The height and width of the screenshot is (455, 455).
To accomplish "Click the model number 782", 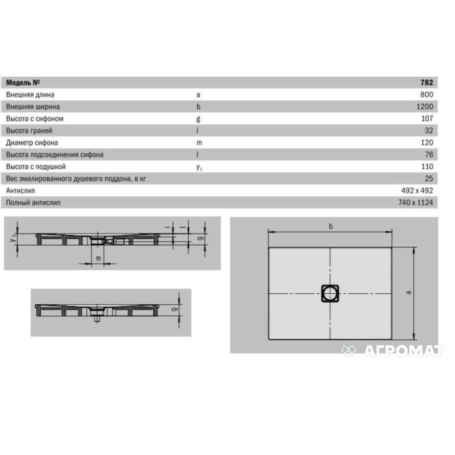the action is point(426,83).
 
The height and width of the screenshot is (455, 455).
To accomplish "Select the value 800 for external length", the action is point(426,95).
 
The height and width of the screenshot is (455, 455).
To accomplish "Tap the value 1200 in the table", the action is point(425,107).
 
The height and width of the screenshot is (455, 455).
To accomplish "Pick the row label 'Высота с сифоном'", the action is point(35,119).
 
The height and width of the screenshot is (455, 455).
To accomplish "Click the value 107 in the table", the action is point(427,118).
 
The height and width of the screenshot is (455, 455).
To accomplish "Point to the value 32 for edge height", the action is point(429,131).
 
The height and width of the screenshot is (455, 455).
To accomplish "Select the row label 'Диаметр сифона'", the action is point(32,143).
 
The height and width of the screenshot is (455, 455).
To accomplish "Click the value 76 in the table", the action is point(429,155).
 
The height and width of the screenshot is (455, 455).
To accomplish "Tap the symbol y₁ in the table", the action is point(199,168).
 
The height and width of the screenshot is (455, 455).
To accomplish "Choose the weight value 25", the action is point(429,179).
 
